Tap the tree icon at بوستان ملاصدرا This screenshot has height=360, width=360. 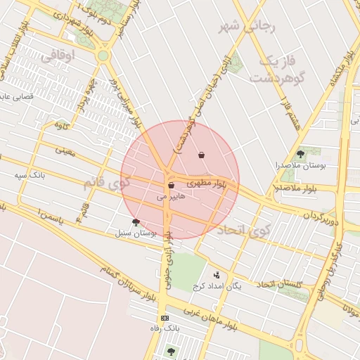301,153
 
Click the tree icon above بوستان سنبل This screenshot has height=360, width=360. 136,222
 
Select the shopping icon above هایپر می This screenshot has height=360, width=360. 171,186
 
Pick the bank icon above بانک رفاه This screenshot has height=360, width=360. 165,319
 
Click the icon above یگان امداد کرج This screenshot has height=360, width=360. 216,275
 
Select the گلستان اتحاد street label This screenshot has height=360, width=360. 279,283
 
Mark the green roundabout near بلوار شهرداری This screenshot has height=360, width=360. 103,56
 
